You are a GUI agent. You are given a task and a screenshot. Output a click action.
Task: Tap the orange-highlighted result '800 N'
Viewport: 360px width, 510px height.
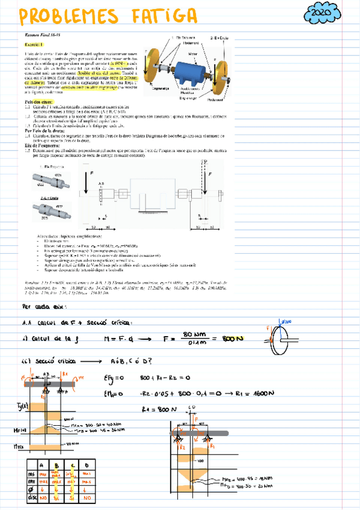coord(231,340)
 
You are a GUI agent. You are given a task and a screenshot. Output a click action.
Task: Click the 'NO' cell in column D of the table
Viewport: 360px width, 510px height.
coord(88,498)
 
